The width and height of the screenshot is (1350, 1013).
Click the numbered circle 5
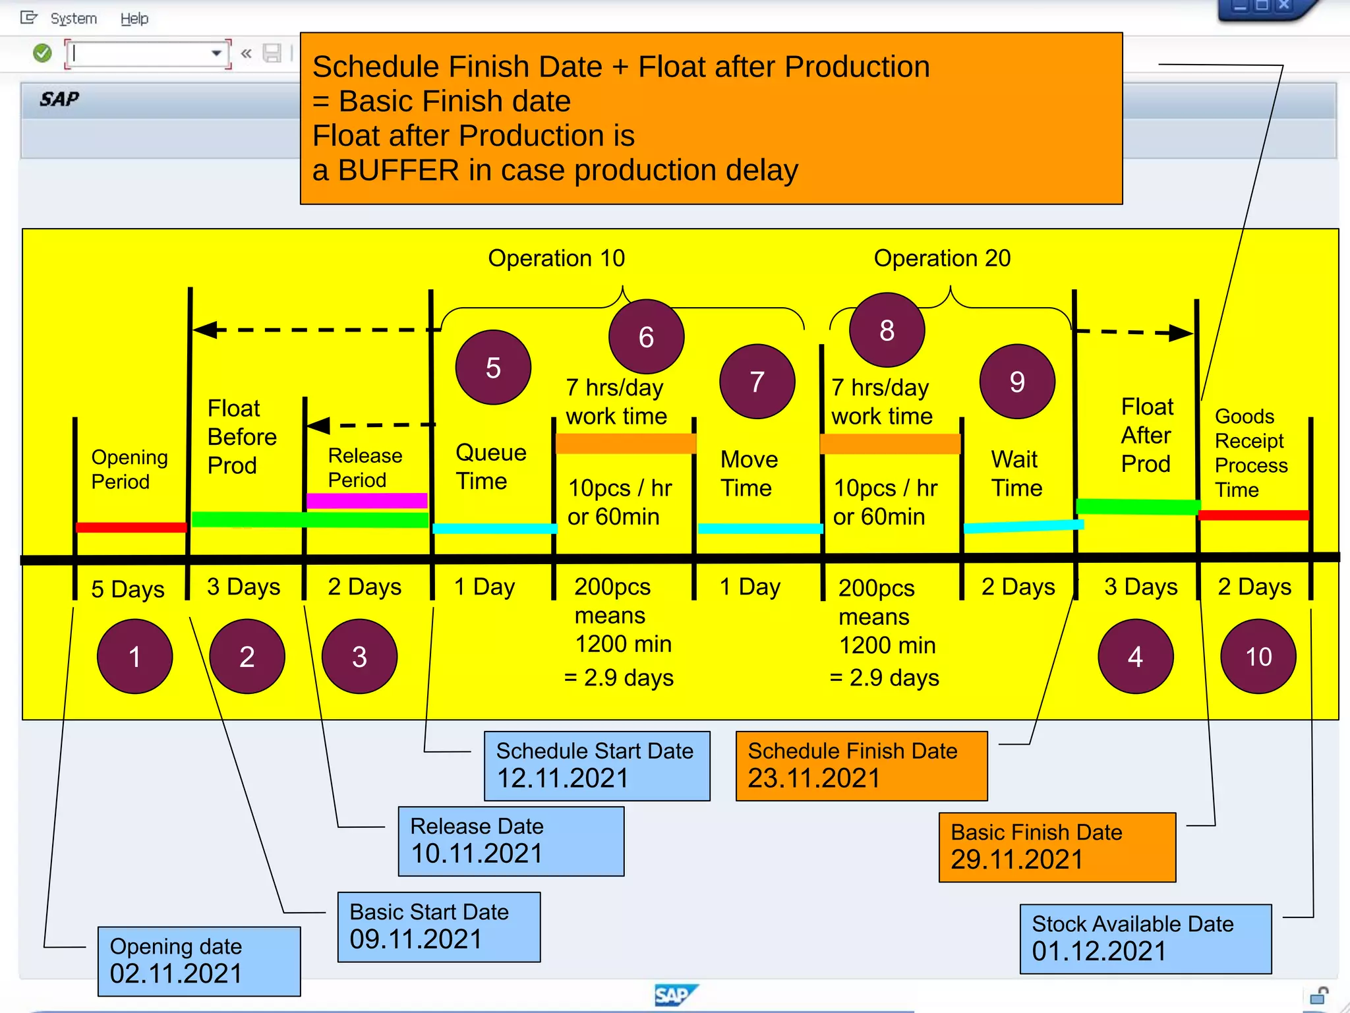coord(493,367)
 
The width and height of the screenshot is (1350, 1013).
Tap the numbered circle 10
coord(1258,656)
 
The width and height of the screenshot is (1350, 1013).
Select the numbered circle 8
coord(887,330)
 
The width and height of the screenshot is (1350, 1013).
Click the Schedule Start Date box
coord(597,766)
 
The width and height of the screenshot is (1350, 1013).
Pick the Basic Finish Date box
coord(1057,847)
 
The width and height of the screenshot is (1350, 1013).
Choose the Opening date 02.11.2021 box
coord(199,961)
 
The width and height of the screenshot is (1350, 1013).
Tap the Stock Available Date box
coord(1145,939)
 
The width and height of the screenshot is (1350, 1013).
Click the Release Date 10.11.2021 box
coord(511,841)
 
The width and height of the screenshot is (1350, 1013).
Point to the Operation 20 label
coord(942,258)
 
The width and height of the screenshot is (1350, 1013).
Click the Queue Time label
coord(490,467)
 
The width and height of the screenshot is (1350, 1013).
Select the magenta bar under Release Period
coord(367,500)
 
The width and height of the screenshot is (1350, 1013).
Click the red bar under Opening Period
coord(131,527)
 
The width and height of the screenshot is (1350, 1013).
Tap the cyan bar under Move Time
coord(760,529)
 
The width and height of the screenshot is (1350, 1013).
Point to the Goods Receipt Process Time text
coord(1250,453)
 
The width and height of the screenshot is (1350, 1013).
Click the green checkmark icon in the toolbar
coord(42,53)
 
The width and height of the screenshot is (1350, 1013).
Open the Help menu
coord(134,18)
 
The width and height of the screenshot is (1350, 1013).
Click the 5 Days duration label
coord(128,589)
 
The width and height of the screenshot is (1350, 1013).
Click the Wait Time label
coord(1016,473)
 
